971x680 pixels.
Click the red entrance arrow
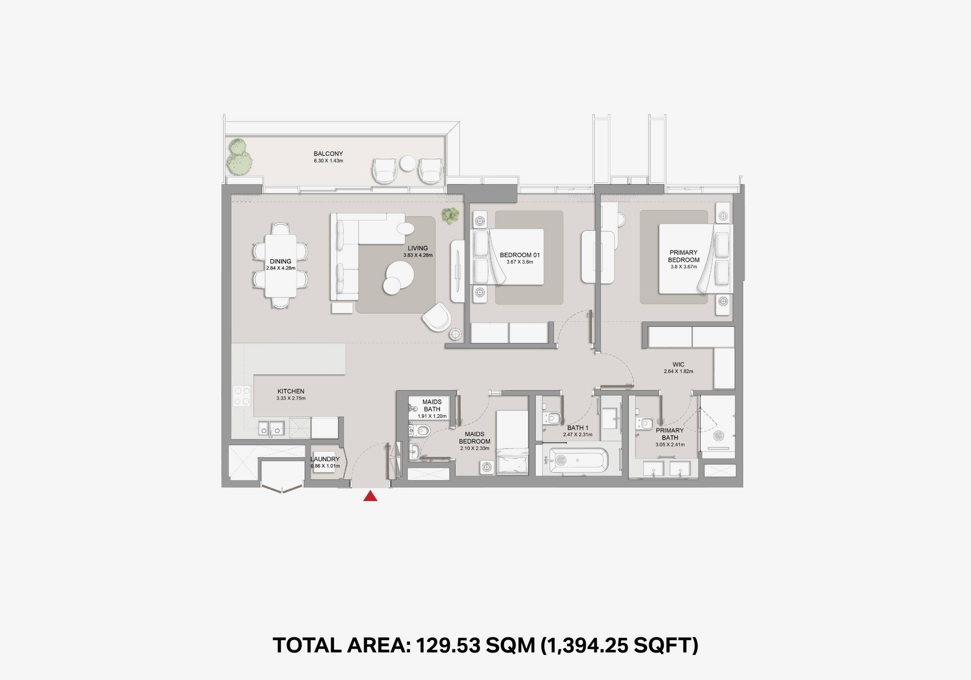(x=370, y=496)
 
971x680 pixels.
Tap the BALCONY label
(x=328, y=154)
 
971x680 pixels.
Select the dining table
(x=281, y=266)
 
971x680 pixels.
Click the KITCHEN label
(x=291, y=391)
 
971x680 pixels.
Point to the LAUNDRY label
(x=325, y=459)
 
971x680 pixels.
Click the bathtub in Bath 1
(x=578, y=460)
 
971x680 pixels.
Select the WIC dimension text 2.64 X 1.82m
(x=678, y=371)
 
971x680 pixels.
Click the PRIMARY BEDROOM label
(x=683, y=256)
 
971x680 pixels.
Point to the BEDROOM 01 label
(x=520, y=255)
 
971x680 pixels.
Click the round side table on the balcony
(x=408, y=163)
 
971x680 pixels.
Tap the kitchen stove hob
(x=242, y=396)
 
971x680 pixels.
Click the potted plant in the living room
(x=450, y=216)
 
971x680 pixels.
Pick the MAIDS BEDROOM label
(x=475, y=438)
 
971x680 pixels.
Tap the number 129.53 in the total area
(x=448, y=645)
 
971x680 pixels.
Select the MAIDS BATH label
(x=432, y=405)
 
